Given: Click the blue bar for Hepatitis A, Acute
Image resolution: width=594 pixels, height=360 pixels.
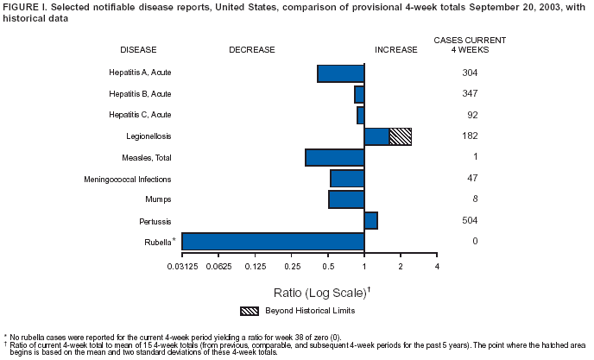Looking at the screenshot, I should point(341,73).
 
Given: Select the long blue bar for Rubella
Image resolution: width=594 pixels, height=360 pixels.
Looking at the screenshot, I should point(273,242).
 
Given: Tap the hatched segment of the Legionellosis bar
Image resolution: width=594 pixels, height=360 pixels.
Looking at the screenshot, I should point(400,136).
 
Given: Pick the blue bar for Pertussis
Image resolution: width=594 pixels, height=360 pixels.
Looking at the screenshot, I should point(371,220).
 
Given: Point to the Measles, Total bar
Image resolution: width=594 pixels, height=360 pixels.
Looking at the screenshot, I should point(335,158).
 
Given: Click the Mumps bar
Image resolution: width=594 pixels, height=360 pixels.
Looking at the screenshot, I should point(346,199).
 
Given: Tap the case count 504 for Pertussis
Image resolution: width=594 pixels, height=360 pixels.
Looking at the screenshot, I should point(471,220).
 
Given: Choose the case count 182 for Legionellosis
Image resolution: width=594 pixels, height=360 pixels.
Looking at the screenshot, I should point(471,136).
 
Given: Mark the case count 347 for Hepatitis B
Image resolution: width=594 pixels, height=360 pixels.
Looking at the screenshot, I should point(471,93).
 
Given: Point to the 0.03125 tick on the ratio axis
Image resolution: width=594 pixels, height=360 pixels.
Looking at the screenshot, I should point(183,266).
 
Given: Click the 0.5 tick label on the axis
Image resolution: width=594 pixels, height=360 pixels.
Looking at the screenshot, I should point(328,266).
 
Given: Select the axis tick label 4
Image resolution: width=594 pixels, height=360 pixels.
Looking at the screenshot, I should point(437,266).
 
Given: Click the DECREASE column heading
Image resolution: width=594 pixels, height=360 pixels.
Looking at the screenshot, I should point(251,49).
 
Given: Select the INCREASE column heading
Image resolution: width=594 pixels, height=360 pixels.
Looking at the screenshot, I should point(395,49).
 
